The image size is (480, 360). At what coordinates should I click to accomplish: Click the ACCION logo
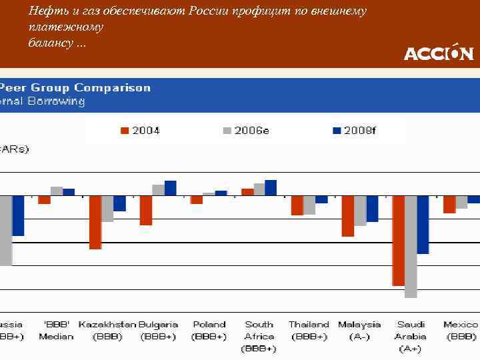coord(438,52)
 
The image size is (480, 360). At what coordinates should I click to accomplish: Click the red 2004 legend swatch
coord(124,131)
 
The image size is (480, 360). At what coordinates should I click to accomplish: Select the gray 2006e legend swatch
coord(227,131)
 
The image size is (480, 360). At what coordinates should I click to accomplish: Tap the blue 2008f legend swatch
coord(337,131)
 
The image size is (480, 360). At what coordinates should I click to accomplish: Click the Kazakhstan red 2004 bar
coord(95,222)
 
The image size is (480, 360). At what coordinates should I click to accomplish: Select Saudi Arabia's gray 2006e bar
coord(411,246)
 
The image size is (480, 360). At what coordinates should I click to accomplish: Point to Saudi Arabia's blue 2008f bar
coord(423,225)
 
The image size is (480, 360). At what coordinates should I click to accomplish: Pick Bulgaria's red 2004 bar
coord(146,210)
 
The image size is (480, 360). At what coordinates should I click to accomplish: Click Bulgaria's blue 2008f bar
coord(171,188)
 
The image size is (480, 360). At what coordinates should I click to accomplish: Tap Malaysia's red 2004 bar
coord(347,216)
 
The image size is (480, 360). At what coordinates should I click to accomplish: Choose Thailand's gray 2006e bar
coord(309,205)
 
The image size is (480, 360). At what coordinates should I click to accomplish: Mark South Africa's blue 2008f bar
coord(271,188)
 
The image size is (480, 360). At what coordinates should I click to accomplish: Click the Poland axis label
coord(209,331)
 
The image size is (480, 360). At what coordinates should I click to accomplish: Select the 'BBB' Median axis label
coord(57,331)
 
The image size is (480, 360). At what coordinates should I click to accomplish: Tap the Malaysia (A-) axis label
coord(359,331)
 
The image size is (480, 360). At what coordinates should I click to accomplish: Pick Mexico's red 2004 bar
coord(449,204)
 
